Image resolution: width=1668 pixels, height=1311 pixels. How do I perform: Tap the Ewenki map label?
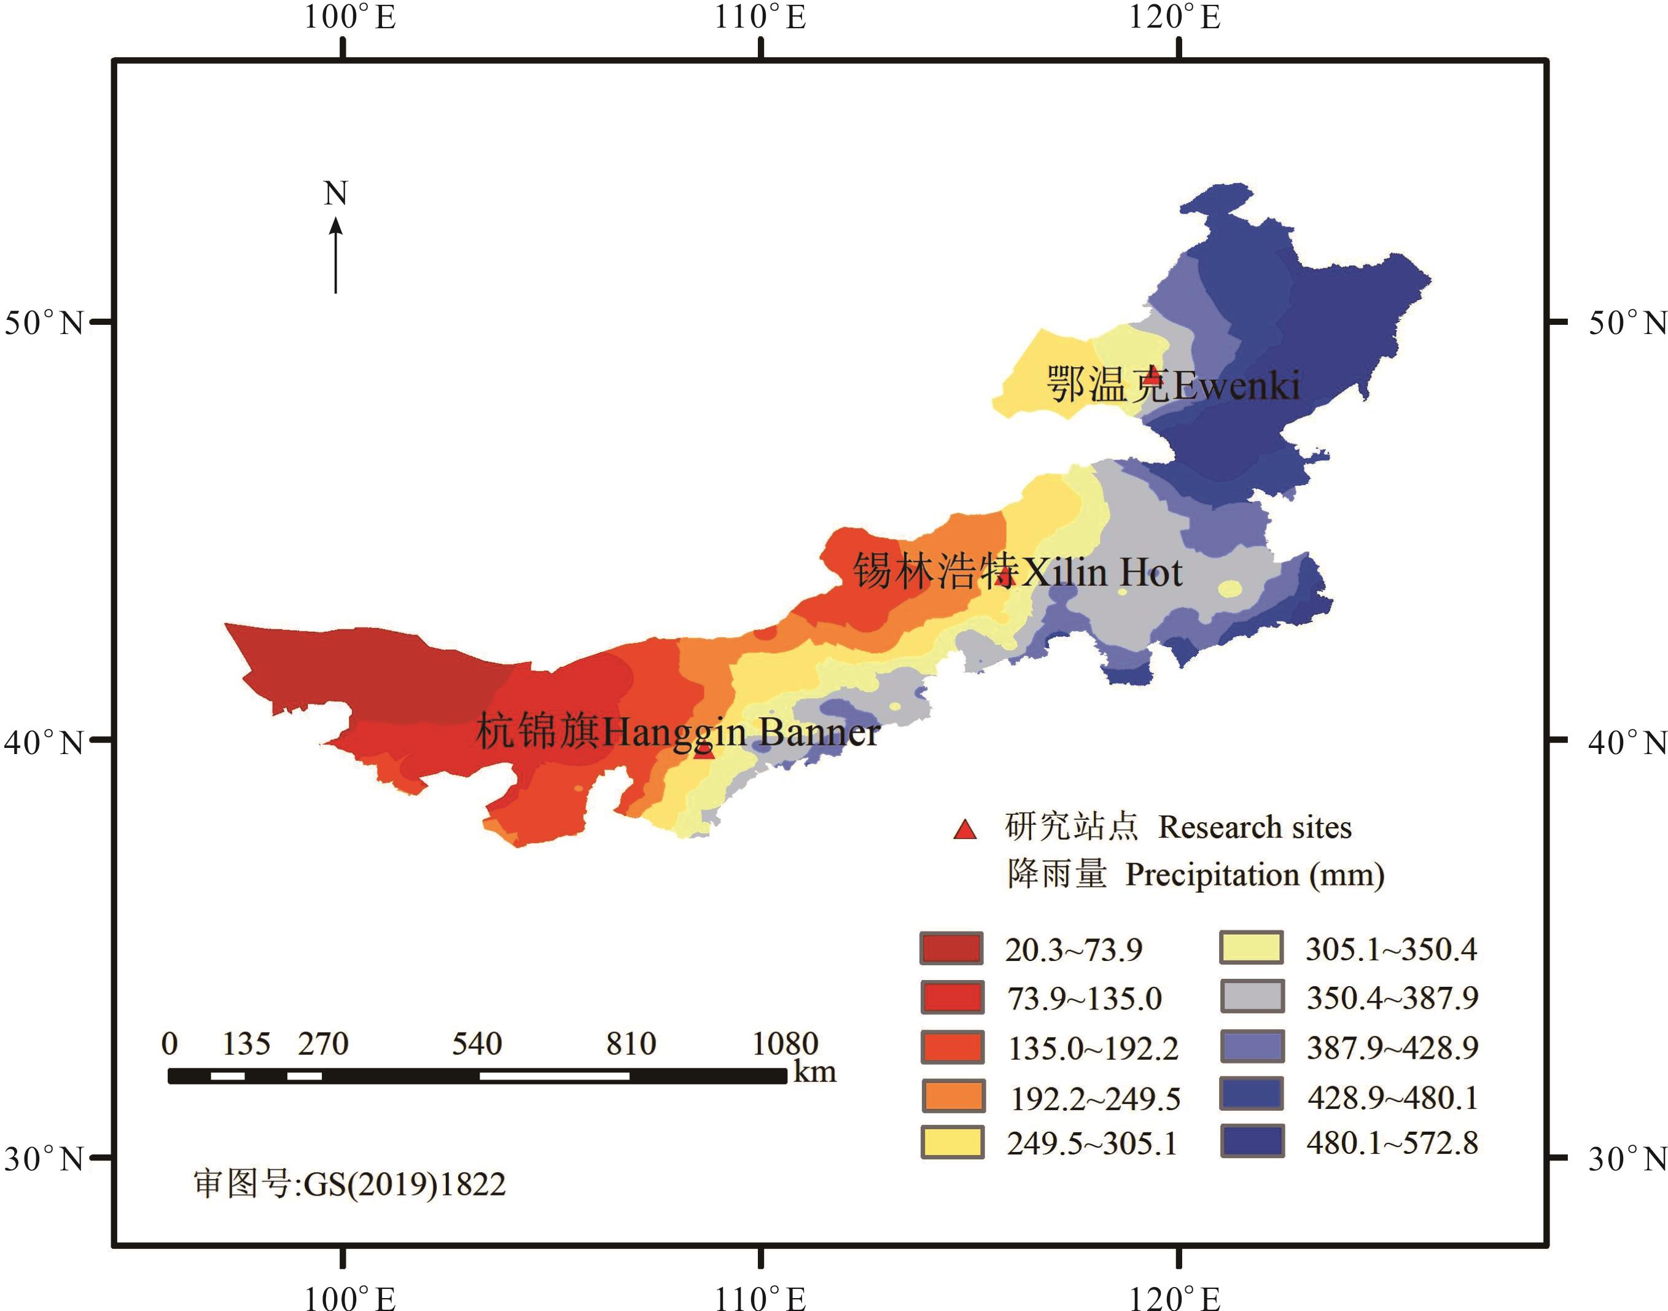pos(1173,384)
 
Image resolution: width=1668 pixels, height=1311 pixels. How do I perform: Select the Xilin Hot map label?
pos(1017,572)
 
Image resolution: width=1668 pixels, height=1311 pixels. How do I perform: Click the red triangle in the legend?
pos(965,830)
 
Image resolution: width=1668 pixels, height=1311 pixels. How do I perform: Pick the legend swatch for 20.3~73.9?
pos(952,949)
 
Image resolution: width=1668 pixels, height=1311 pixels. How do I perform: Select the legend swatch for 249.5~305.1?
pos(953,1142)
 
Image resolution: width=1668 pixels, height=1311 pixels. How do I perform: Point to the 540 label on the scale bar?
pos(477,1044)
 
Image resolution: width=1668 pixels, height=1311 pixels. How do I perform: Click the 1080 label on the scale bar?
pos(784,1044)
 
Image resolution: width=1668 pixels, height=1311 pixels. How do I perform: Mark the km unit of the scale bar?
pos(814,1072)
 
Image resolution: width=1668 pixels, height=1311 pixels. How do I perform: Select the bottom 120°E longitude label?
pos(1174,1297)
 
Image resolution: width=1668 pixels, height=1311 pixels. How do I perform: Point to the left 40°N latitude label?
pos(44,742)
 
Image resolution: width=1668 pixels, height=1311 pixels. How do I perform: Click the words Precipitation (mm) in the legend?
pos(1254,875)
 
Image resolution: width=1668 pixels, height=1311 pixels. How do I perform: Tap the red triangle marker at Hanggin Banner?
pos(704,750)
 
